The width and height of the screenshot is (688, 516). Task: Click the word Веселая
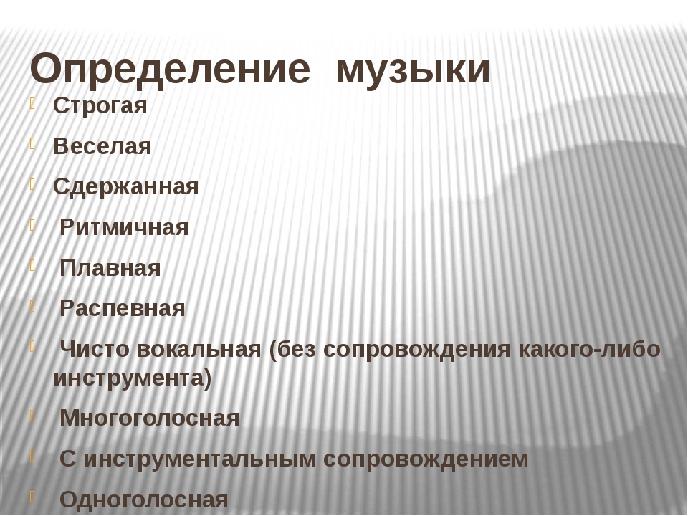(x=102, y=146)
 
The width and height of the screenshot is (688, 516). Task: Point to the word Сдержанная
(x=126, y=187)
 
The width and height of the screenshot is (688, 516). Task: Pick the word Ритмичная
(x=124, y=228)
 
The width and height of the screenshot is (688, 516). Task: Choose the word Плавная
(x=110, y=268)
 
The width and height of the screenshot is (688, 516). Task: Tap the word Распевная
(x=123, y=308)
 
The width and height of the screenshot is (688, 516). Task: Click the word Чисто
(x=95, y=349)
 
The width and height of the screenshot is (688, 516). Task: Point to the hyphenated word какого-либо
(x=589, y=349)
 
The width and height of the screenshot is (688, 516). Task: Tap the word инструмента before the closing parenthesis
(x=128, y=378)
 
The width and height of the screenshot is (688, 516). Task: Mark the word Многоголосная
(x=150, y=418)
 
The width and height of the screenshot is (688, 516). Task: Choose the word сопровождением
(x=426, y=459)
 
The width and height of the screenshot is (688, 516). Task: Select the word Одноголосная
(x=144, y=500)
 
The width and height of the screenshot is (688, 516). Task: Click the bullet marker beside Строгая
(x=32, y=103)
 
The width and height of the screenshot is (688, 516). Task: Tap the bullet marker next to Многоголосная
(x=32, y=415)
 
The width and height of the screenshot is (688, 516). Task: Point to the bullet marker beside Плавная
(x=32, y=265)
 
